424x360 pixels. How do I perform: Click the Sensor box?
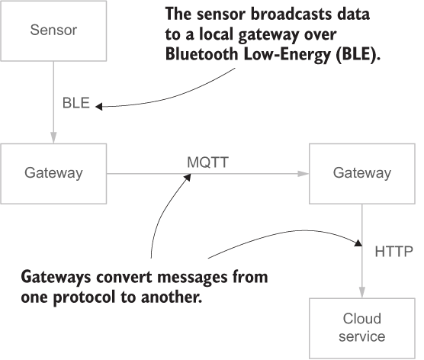coord(53,31)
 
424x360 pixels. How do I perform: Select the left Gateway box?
coord(53,173)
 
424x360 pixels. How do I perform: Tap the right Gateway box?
coord(361,173)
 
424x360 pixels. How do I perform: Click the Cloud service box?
coord(361,327)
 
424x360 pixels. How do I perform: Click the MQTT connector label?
coord(207,162)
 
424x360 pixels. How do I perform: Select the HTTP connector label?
coord(393,250)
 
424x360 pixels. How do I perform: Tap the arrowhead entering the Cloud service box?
coord(362,294)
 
